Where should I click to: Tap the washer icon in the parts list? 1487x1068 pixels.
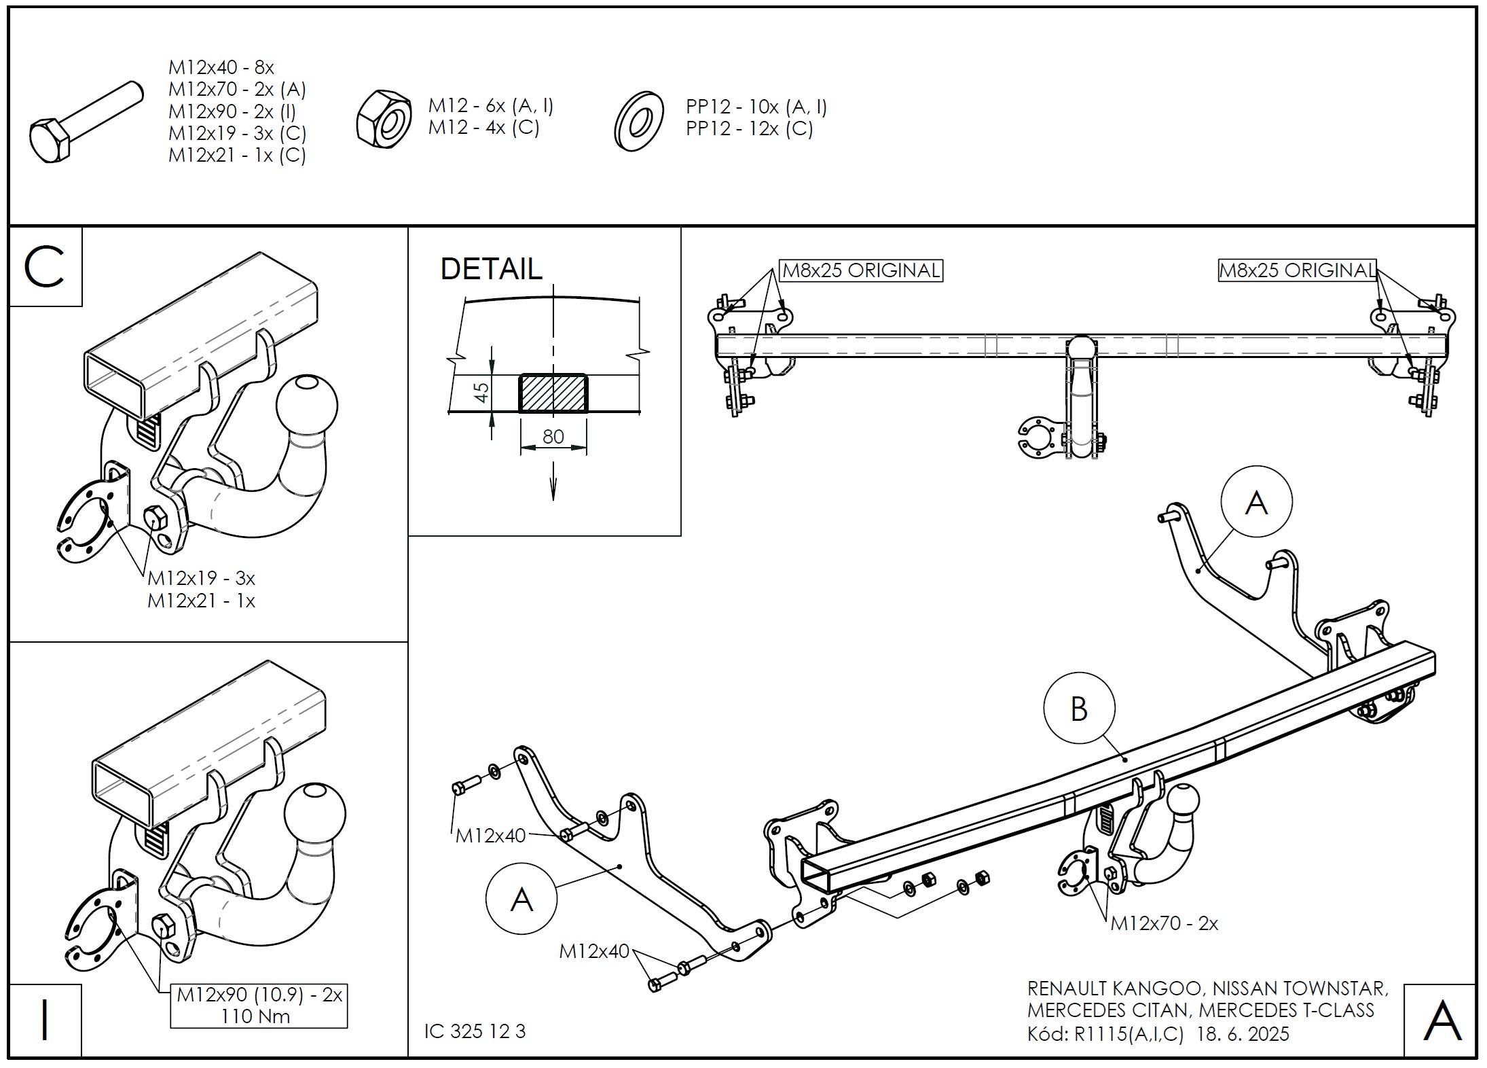639,122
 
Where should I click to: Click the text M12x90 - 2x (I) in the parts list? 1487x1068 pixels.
232,111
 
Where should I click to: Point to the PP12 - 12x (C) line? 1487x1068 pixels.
749,128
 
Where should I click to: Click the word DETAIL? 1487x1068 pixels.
492,269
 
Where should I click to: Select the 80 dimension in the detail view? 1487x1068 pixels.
553,436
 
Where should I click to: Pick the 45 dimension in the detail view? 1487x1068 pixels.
481,392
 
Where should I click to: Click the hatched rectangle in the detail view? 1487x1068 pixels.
553,393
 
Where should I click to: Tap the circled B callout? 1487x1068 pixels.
1079,709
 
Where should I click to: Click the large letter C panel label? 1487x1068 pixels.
45,267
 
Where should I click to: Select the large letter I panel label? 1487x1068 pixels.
45,1020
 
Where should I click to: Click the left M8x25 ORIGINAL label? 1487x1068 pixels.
861,270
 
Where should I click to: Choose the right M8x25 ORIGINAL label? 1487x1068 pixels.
1297,270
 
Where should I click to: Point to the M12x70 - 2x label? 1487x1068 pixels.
1164,923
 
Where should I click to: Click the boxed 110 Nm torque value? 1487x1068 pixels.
256,1017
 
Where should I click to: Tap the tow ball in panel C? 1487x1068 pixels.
307,405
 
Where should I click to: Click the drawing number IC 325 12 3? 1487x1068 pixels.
475,1031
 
